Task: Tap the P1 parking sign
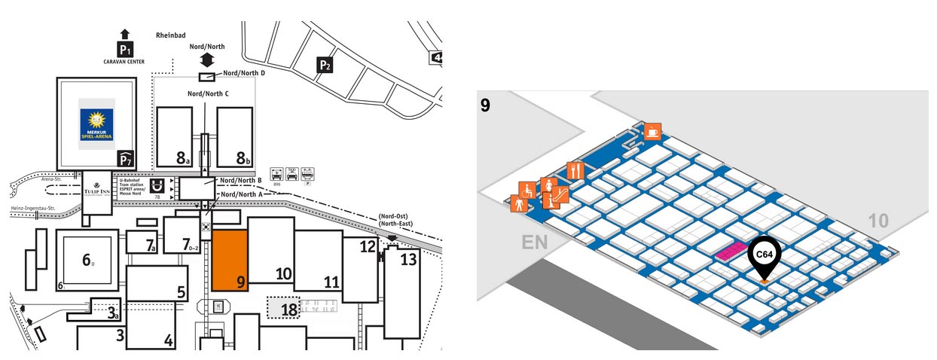tap(125, 50)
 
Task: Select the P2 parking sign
tap(325, 66)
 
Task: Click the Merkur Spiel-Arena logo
tap(97, 123)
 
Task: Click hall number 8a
tap(182, 157)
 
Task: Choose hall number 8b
tap(243, 157)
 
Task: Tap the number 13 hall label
tap(407, 260)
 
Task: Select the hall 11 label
tap(331, 282)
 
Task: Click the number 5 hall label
tap(181, 292)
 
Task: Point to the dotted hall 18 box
tap(284, 307)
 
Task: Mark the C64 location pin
tap(764, 256)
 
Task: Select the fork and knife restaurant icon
tap(575, 170)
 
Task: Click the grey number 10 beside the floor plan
tap(877, 221)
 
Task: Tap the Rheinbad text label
tap(170, 35)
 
